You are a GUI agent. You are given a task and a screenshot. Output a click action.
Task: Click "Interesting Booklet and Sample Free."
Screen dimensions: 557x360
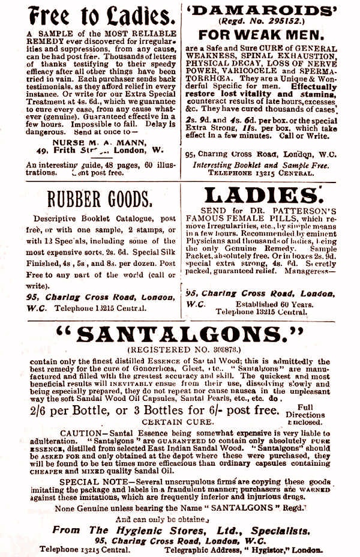click(x=261, y=165)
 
